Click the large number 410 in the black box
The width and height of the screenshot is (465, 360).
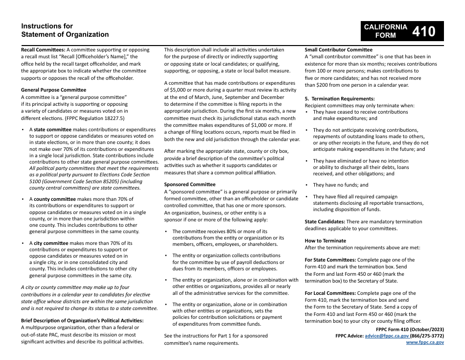pyautogui.click(x=423, y=31)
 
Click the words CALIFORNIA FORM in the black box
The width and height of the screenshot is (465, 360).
pyautogui.click(x=385, y=31)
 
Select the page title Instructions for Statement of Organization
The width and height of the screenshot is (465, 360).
pyautogui.click(x=65, y=30)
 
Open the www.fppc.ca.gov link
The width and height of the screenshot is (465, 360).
pyautogui.click(x=425, y=342)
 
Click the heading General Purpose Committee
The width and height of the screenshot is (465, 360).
pyautogui.click(x=53, y=90)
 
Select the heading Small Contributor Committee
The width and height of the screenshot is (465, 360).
pyautogui.click(x=338, y=49)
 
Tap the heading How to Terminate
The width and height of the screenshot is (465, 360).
pyautogui.click(x=325, y=240)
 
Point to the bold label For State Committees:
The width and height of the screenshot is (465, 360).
pyautogui.click(x=330, y=260)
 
